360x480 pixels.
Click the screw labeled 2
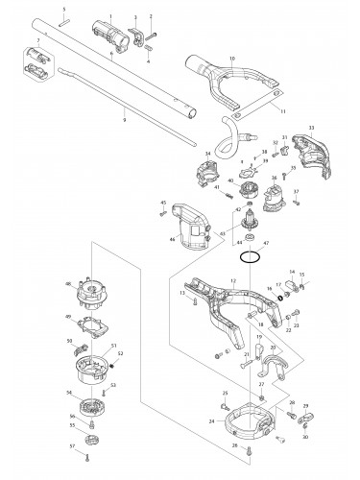coord(153,36)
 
